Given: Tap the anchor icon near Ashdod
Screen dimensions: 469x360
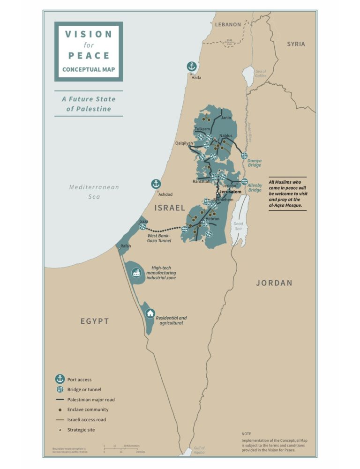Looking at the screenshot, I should (156, 184).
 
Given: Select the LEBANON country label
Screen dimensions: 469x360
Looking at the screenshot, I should (228, 24).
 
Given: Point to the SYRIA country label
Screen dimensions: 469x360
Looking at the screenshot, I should (296, 44).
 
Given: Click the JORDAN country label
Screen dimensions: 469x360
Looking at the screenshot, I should (274, 283).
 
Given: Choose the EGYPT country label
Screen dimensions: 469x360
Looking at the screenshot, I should (94, 321).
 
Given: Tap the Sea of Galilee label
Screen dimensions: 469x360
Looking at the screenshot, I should (261, 74).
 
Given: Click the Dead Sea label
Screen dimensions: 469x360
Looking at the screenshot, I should (238, 226).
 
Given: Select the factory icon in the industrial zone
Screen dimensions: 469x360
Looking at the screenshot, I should (136, 272).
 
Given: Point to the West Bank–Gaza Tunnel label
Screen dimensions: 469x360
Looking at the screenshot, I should (159, 238).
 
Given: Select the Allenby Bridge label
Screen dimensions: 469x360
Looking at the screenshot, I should (255, 187).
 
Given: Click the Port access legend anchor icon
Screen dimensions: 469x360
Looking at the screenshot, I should (60, 379).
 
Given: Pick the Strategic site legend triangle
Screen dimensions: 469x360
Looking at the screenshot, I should (60, 430).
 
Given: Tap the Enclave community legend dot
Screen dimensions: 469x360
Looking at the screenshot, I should (60, 409).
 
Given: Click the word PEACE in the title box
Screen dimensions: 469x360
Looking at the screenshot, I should (89, 55).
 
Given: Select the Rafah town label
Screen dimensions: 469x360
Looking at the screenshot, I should (126, 246).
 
